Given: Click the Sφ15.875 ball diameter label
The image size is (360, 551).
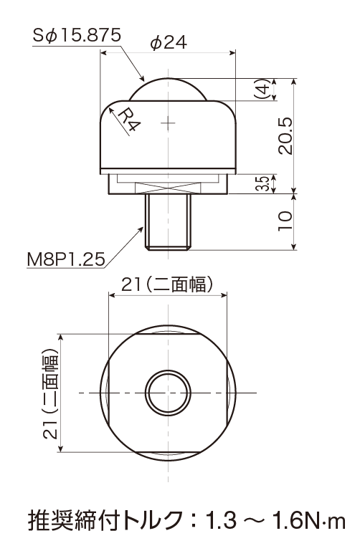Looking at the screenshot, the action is (x=77, y=36).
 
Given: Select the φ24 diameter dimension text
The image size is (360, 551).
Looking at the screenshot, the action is (x=169, y=43).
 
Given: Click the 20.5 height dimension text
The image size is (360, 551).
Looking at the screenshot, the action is (x=285, y=135).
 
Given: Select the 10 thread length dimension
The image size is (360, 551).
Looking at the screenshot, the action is (x=285, y=221).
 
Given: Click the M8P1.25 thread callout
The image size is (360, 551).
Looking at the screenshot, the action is (x=66, y=259).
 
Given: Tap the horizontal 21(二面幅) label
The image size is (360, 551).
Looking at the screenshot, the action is (x=167, y=284).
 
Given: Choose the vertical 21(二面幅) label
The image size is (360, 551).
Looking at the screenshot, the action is (x=50, y=393).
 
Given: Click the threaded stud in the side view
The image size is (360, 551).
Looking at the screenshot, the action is (x=169, y=221).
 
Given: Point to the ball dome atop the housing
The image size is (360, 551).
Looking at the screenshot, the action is (x=168, y=90).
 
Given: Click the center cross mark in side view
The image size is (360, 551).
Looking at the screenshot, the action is (x=169, y=123).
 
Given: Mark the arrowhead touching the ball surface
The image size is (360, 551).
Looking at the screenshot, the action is (x=141, y=77).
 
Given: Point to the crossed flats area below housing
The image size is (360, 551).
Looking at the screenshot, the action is (x=169, y=186).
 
